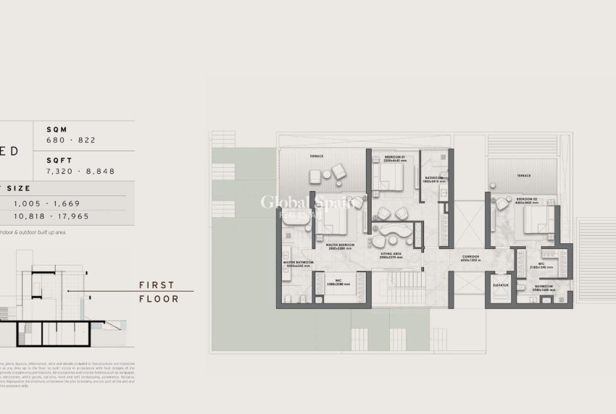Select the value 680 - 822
pos(71,140)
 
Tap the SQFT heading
pos(59,160)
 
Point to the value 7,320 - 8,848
pos(80,171)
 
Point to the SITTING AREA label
pos(391,254)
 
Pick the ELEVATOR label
pos(500,285)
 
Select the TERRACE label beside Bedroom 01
pos(317,156)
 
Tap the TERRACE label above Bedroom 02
pos(523,175)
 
